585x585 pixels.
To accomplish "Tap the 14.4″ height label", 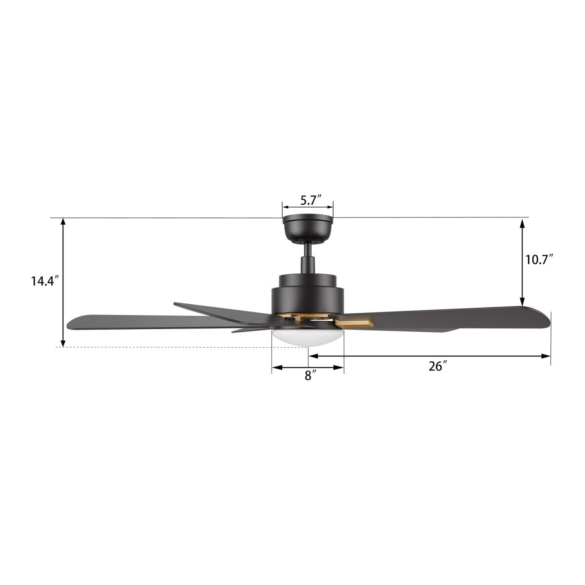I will coord(43,281).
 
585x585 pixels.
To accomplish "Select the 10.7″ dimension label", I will coord(539,259).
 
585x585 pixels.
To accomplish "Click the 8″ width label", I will coord(308,375).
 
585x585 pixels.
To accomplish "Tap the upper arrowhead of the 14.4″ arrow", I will coord(63,222).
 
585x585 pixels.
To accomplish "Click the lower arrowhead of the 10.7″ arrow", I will coord(523,301).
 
